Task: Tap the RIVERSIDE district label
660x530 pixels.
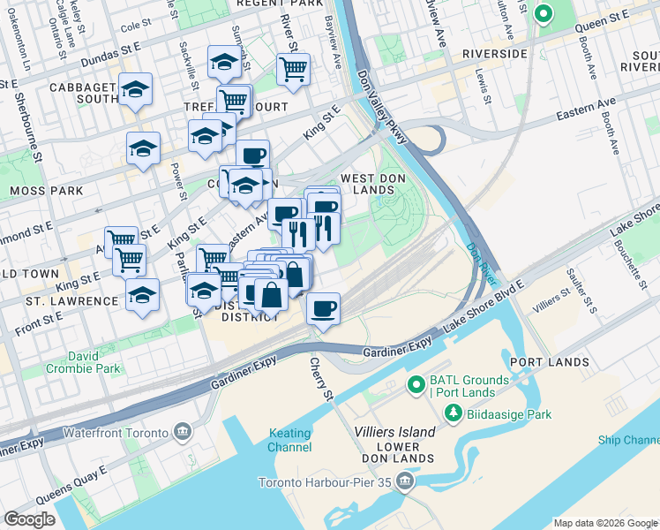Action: coord(493,54)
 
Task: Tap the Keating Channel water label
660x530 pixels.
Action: coord(289,440)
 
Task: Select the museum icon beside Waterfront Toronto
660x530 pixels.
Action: coord(183,432)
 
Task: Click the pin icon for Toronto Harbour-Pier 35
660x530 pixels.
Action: coord(405,481)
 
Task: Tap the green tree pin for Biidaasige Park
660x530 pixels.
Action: coord(452,413)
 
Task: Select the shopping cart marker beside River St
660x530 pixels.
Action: coord(292,68)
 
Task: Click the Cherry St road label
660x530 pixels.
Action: coord(324,377)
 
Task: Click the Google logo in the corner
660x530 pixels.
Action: coord(30,519)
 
